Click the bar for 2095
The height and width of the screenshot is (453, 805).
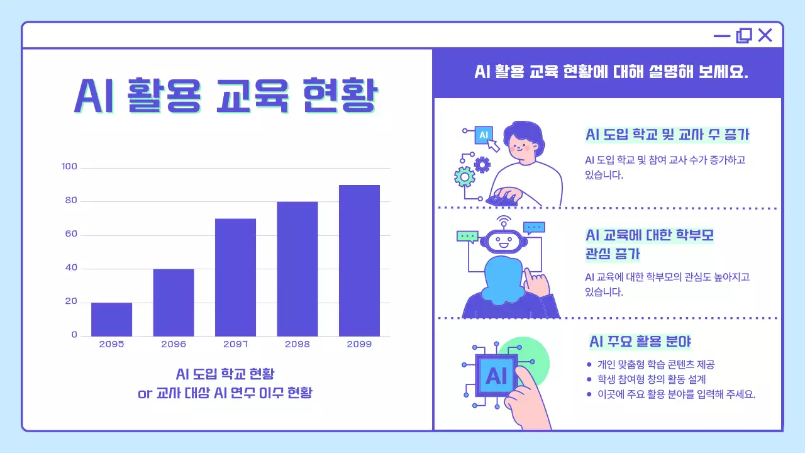111,320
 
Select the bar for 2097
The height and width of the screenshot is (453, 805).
235,277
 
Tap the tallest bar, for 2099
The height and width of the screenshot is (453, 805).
359,260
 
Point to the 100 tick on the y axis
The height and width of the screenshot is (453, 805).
69,167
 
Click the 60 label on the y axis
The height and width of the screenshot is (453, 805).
71,234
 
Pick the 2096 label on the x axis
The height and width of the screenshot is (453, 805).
174,344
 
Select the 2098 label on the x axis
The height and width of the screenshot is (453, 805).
297,344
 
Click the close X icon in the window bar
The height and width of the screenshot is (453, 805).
765,35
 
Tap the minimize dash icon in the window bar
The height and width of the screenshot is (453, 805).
721,36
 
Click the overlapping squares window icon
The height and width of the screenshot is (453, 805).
743,35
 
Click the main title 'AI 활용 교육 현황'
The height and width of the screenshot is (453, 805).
226,96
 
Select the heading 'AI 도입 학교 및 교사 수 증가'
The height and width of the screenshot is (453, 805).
667,135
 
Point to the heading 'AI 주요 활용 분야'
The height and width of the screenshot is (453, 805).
640,342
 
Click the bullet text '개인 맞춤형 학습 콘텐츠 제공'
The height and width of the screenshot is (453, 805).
655,364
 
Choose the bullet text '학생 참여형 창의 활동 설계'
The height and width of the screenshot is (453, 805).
651,379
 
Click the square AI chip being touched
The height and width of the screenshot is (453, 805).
496,376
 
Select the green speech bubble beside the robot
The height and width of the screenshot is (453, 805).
467,237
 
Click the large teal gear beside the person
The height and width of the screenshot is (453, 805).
464,177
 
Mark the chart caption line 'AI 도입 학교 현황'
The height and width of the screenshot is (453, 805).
225,374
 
